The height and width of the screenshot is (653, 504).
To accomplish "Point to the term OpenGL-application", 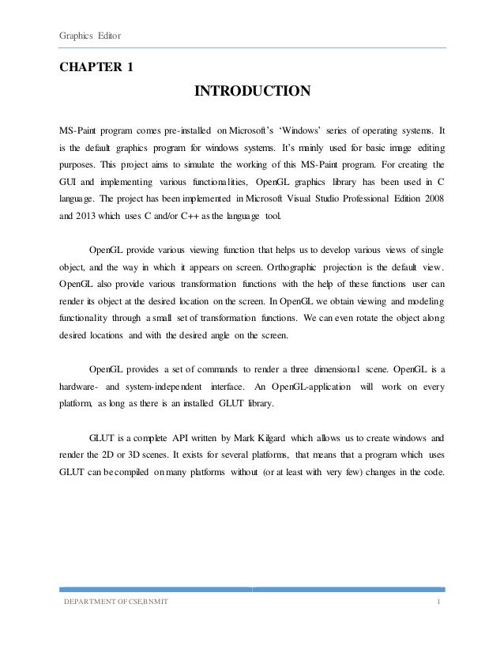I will click(309, 386).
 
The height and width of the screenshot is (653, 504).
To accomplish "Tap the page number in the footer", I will click(438, 603).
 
